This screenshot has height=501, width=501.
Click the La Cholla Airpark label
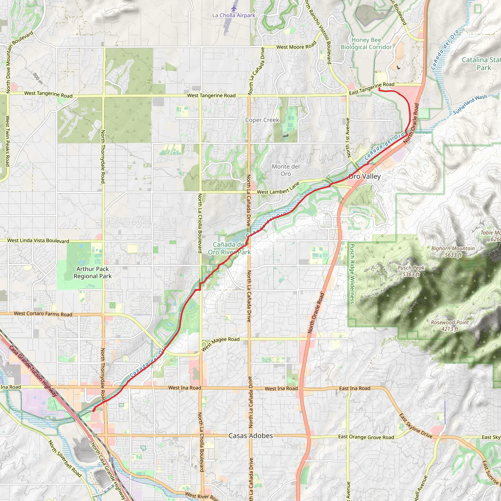(x=234, y=15)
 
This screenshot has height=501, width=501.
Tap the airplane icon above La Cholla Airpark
(x=234, y=8)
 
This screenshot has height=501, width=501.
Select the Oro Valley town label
(x=364, y=176)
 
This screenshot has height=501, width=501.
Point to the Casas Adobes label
(x=250, y=436)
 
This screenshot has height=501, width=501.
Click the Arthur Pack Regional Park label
(x=92, y=273)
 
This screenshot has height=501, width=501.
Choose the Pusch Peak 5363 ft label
(x=411, y=271)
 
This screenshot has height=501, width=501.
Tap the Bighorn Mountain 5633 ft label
(x=453, y=251)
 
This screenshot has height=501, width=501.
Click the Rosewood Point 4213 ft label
(x=450, y=326)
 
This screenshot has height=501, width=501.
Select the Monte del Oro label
(x=285, y=170)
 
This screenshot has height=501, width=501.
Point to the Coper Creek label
(x=262, y=120)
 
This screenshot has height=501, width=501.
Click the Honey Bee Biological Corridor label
(x=366, y=44)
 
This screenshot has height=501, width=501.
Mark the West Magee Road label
(x=220, y=344)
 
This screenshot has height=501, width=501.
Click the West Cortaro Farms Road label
(x=43, y=314)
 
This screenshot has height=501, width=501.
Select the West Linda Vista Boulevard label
(x=38, y=241)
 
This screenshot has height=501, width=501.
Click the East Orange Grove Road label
(x=366, y=437)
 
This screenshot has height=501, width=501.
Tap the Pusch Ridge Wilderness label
(x=352, y=273)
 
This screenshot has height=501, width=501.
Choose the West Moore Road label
(x=296, y=46)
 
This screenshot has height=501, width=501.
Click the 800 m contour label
(x=38, y=78)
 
